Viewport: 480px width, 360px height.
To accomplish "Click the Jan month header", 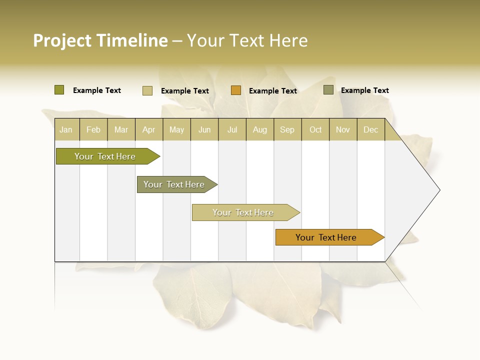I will (66, 129).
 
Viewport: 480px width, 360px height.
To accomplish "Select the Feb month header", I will (93, 129).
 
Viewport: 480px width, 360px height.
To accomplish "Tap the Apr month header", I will (149, 129).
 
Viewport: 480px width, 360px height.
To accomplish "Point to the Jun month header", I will (204, 129).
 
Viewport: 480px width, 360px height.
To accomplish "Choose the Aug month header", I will (260, 129).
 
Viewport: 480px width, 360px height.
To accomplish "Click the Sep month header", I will (287, 129).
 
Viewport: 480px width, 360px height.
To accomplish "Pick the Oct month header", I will (315, 129).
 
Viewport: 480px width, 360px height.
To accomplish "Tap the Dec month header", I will (371, 129).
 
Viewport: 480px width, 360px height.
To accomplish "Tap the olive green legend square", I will (59, 90).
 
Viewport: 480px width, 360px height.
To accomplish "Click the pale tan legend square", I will (147, 90).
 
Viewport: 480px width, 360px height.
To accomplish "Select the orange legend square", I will (235, 90).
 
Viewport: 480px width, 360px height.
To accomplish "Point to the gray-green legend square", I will (328, 90).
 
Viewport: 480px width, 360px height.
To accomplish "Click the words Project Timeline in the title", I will (100, 40).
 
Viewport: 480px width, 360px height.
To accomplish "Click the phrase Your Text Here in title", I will (247, 40).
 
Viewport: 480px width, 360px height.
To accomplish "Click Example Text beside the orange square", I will (273, 90).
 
